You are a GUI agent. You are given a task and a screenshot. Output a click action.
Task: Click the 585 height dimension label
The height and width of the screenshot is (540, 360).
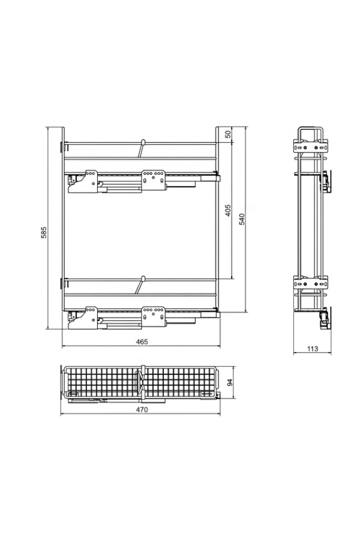(x=44, y=232)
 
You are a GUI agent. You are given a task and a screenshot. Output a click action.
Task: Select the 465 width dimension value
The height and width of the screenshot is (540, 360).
(x=142, y=341)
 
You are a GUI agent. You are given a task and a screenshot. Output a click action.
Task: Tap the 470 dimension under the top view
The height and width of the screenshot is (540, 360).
(x=142, y=409)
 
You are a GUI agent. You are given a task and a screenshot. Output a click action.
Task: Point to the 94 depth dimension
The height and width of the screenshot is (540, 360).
(x=230, y=382)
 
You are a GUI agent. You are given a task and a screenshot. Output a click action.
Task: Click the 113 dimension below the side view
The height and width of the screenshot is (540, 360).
(x=313, y=349)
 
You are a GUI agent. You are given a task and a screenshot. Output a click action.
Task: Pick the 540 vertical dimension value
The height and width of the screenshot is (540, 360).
(x=242, y=220)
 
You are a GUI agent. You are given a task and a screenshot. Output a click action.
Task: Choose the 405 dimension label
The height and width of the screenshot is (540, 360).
(x=228, y=211)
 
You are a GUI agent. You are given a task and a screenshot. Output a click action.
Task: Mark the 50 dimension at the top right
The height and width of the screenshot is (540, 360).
(x=228, y=134)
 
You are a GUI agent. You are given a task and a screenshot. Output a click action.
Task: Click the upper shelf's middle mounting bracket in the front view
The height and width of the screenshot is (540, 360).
(x=154, y=180)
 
